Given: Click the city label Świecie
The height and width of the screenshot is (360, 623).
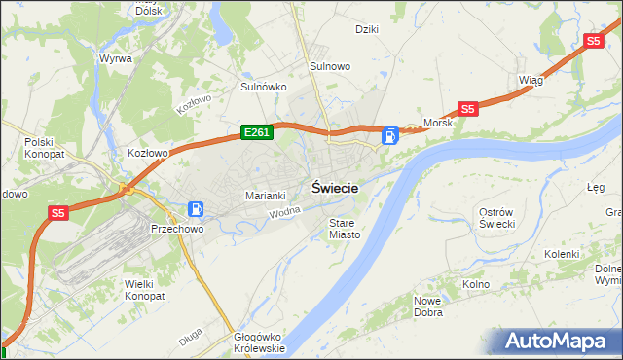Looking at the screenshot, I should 335,188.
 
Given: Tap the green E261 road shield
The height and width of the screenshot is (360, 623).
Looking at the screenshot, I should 257,131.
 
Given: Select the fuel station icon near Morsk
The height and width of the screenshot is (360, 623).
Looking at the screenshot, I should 390,136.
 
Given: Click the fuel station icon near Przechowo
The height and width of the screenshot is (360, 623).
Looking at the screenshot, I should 196,209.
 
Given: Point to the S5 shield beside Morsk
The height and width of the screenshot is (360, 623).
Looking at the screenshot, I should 468,109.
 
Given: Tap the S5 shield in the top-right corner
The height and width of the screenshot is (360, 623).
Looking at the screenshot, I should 594,41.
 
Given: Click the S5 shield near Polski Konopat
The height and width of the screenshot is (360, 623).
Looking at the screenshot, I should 58,212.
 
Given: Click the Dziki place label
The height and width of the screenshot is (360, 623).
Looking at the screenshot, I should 367,28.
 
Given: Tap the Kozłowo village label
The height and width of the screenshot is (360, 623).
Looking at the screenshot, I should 149,153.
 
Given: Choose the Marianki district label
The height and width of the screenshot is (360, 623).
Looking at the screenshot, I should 265,195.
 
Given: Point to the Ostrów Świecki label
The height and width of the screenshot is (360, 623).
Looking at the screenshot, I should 503,218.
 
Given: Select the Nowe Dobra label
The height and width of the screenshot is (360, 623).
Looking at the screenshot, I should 428,306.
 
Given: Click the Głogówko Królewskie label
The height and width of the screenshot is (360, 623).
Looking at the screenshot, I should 259,342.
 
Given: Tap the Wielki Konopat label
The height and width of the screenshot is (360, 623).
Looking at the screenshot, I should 145,289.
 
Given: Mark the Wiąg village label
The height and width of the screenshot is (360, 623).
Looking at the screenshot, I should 531,81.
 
